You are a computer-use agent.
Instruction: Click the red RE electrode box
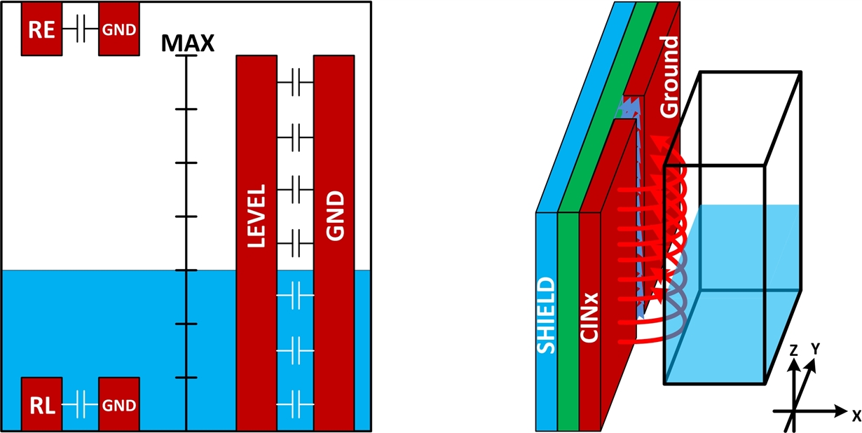pos(42,29)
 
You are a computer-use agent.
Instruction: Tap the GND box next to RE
pos(118,29)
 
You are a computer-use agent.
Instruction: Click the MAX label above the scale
pos(187,43)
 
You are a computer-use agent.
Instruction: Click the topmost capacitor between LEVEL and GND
pos(295,83)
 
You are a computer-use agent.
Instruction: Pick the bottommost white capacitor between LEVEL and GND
pos(295,404)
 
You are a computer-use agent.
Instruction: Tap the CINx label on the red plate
pos(591,315)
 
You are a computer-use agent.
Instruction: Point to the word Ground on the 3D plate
pos(670,77)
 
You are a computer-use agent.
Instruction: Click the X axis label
pos(856,415)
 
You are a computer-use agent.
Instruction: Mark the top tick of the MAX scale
pos(186,57)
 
